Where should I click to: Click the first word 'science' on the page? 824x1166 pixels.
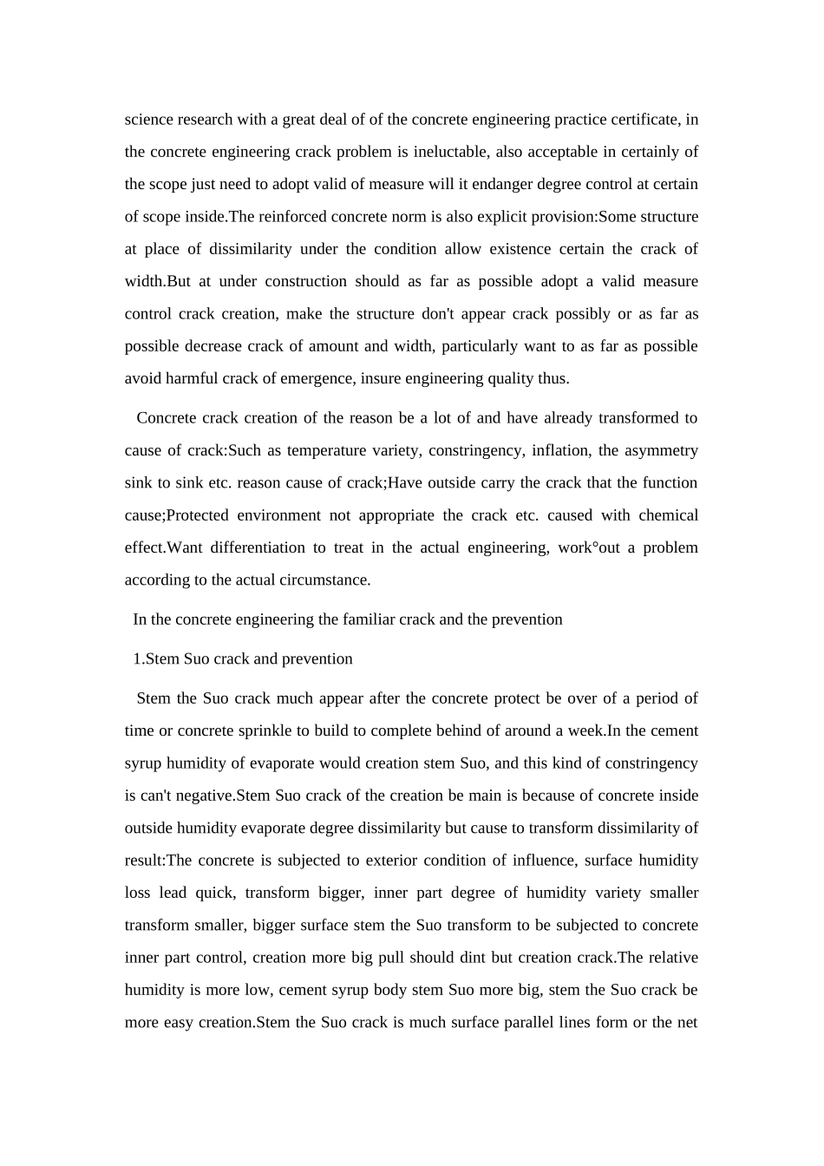pos(149,120)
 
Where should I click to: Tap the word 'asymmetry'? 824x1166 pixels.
pos(660,450)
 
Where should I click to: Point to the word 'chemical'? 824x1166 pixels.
pos(668,515)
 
